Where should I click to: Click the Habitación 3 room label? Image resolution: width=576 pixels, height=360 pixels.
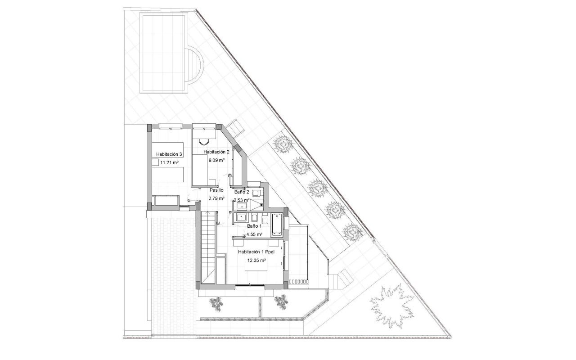pos(169,154)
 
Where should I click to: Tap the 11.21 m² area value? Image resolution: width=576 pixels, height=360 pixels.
pos(170,163)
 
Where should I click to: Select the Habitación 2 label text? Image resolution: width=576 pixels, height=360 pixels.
pos(216,152)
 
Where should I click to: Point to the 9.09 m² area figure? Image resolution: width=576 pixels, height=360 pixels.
pos(216,159)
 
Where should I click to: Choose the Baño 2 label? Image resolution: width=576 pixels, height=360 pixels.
pos(242,192)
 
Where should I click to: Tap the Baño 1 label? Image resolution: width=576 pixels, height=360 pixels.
pos(254,226)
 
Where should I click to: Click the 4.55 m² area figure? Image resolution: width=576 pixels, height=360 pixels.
pos(254,234)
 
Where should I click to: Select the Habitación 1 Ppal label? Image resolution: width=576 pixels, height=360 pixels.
pos(256,252)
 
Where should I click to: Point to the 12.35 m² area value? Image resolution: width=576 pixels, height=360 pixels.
pos(256,260)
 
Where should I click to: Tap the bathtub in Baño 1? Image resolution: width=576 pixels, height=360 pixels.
pos(277,225)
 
